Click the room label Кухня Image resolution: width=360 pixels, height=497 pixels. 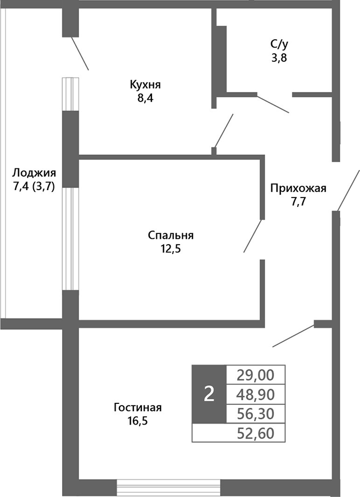click(x=145, y=85)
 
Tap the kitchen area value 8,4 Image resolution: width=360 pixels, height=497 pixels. click(x=145, y=98)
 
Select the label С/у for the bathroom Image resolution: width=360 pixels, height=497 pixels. click(x=279, y=43)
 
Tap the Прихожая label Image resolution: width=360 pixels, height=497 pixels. click(x=298, y=187)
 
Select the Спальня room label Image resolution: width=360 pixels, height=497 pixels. click(x=171, y=235)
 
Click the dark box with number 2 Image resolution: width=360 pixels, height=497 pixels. click(x=209, y=394)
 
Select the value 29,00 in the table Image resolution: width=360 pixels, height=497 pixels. click(x=256, y=374)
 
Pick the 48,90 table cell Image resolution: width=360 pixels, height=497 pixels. click(x=256, y=394)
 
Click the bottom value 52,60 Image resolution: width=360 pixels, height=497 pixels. click(x=256, y=432)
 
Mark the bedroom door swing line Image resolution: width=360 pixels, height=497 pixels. click(x=253, y=236)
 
